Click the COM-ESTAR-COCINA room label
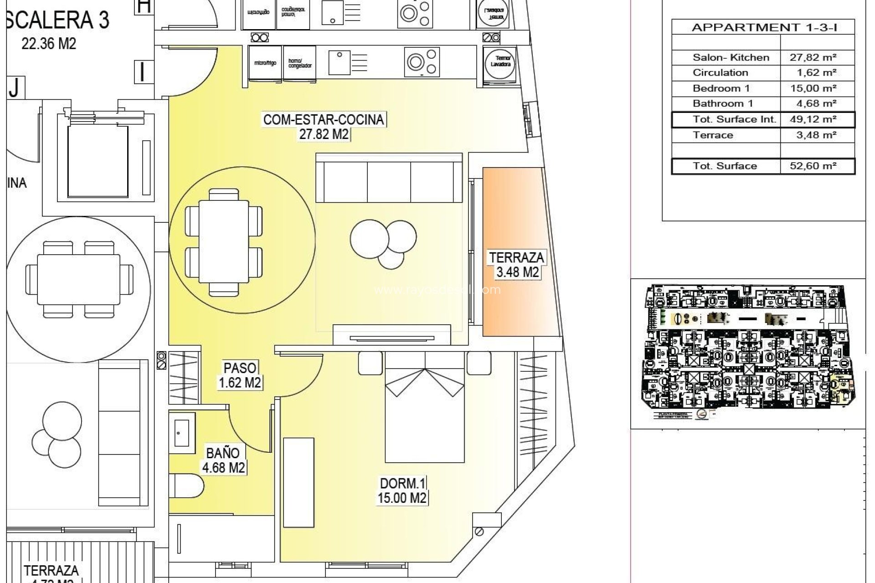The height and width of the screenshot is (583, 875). point(324,120)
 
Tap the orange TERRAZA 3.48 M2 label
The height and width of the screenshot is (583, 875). point(517,265)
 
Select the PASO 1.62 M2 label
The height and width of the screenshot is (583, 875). point(240,375)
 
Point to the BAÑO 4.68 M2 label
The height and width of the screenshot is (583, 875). point(223,460)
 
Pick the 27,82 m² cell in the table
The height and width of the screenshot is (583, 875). point(813,57)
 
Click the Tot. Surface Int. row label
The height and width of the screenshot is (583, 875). point(734,119)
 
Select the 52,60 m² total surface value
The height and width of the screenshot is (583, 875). point(813,166)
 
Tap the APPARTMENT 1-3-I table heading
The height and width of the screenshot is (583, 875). point(764,27)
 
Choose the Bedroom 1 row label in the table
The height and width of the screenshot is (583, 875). point(721,88)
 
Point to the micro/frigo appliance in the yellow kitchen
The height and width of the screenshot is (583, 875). point(265,63)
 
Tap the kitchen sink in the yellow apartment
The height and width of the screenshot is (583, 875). point(339,63)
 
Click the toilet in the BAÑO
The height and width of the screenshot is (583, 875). point(188,486)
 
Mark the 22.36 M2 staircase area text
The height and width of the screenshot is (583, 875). point(49,44)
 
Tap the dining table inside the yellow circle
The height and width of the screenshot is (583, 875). point(223,241)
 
